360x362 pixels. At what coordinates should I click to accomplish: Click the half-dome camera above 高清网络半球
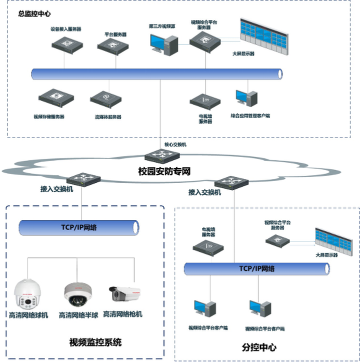(x=75, y=294)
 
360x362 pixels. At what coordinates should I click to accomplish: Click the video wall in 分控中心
(x=334, y=240)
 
